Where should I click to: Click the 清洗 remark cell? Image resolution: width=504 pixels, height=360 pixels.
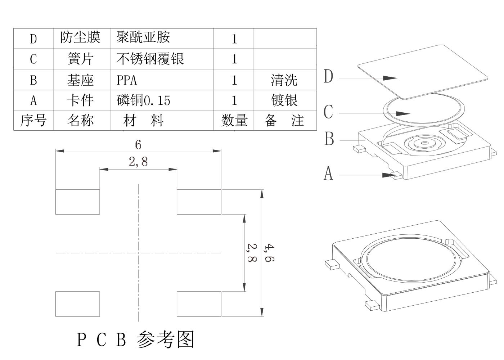[x=284, y=80]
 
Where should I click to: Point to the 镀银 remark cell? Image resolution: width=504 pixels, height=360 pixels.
[x=284, y=100]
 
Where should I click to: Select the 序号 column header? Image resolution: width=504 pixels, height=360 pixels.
[x=33, y=120]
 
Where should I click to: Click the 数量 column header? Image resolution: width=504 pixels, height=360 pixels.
[x=234, y=120]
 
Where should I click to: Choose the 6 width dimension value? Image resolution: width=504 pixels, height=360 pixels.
[x=138, y=145]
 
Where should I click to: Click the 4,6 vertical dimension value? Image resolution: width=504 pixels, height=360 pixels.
[x=269, y=253]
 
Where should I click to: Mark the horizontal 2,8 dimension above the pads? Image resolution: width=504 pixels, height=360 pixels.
[x=138, y=162]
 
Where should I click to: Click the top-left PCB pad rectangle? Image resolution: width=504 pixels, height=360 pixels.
[x=77, y=202]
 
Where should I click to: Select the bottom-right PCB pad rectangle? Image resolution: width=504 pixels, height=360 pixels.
[x=199, y=304]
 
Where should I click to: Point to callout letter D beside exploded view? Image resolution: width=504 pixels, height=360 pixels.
[x=328, y=77]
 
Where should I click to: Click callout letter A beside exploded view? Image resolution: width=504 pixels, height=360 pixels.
[x=328, y=174]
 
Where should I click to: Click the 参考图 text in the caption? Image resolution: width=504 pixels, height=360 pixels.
[x=166, y=339]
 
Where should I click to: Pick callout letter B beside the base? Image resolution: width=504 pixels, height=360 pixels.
[x=329, y=139]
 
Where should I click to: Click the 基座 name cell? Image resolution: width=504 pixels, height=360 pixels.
[x=80, y=80]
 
